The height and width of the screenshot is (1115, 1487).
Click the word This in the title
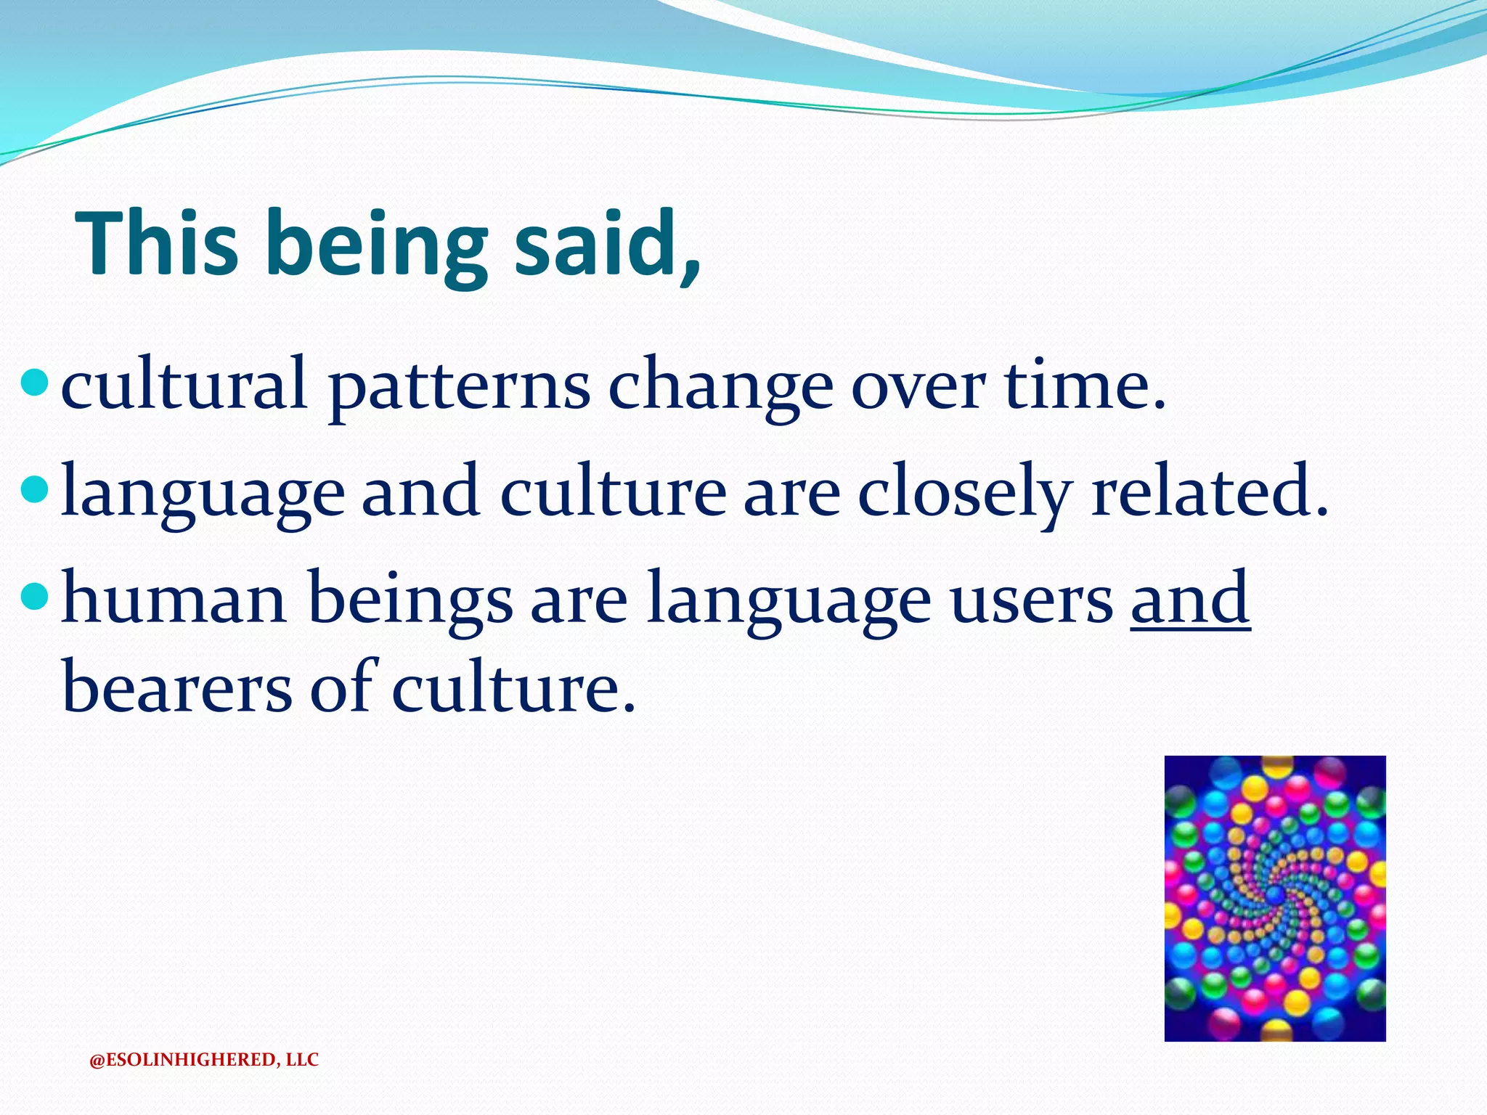tap(157, 243)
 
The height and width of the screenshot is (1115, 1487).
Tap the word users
tap(1032, 603)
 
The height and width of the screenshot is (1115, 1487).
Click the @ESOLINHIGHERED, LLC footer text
tap(204, 1060)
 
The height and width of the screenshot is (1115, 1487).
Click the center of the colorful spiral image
tap(1275, 899)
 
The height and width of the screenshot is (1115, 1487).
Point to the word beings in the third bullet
tap(410, 603)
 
